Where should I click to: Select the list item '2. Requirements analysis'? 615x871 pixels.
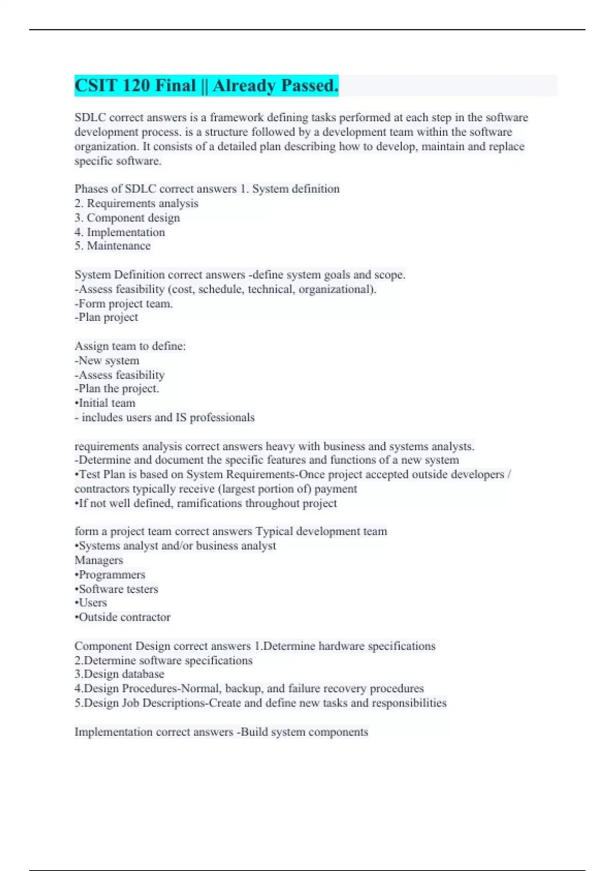[136, 203]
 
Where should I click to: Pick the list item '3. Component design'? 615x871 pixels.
[127, 218]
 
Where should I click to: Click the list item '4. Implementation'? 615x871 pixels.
[120, 232]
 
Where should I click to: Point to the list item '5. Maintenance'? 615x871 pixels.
[113, 246]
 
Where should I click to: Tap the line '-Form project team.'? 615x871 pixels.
[124, 303]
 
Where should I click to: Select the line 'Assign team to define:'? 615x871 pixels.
[130, 346]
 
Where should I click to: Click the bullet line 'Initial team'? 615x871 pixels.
[106, 403]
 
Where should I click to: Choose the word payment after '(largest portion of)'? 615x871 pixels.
[336, 489]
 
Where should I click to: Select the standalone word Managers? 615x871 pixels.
[99, 560]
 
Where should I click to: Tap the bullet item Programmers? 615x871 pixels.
[111, 574]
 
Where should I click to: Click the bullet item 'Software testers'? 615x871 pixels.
[117, 589]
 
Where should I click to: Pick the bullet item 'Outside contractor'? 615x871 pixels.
[123, 617]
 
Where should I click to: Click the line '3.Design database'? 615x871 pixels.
[119, 674]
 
